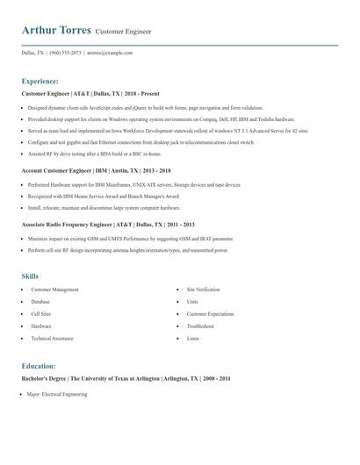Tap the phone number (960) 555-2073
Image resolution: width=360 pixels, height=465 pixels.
pos(67,53)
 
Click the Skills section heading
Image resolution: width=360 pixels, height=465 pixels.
pos(31,275)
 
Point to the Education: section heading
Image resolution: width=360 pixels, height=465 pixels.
pos(39,365)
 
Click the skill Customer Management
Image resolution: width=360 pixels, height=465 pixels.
pos(54,289)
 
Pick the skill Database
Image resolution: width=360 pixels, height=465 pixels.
pos(40,301)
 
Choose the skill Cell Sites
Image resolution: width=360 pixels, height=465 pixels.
pos(41,313)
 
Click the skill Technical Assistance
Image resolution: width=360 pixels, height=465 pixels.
pos(52,338)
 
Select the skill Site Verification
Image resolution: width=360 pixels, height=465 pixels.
pos(204,289)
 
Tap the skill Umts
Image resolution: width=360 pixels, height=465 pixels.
pos(192,301)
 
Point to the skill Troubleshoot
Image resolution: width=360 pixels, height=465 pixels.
pos(201,325)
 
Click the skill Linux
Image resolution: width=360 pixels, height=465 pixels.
pos(193,338)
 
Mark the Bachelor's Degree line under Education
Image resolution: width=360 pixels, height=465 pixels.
pos(126,378)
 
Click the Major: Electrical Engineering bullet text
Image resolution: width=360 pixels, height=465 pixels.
pos(57,395)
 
